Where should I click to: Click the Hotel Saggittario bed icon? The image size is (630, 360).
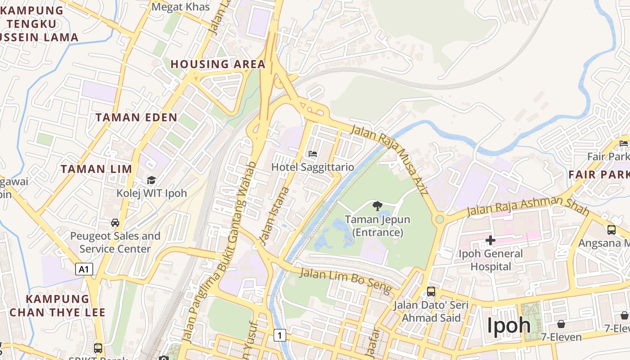[313, 154]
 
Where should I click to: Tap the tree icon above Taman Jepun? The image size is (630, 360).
[377, 206]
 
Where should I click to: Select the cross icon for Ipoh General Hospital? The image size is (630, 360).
[490, 240]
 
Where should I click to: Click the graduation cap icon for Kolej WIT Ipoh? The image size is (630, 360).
[151, 180]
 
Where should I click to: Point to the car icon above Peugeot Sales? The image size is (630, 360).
[115, 223]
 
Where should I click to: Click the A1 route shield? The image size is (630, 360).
[84, 270]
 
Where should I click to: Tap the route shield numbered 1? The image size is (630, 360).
[280, 335]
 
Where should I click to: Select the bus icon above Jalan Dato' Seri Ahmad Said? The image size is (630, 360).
[431, 292]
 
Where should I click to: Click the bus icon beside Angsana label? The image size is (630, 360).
[612, 229]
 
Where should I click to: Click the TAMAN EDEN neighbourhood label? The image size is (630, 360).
[136, 117]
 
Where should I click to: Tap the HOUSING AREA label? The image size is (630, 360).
[218, 64]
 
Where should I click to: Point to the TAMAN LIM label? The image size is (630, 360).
[96, 169]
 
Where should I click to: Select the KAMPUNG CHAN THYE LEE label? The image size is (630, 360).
[58, 306]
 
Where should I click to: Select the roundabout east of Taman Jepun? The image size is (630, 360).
[440, 219]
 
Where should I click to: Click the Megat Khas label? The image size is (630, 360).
[181, 7]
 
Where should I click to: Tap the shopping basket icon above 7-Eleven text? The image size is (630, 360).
[561, 324]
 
